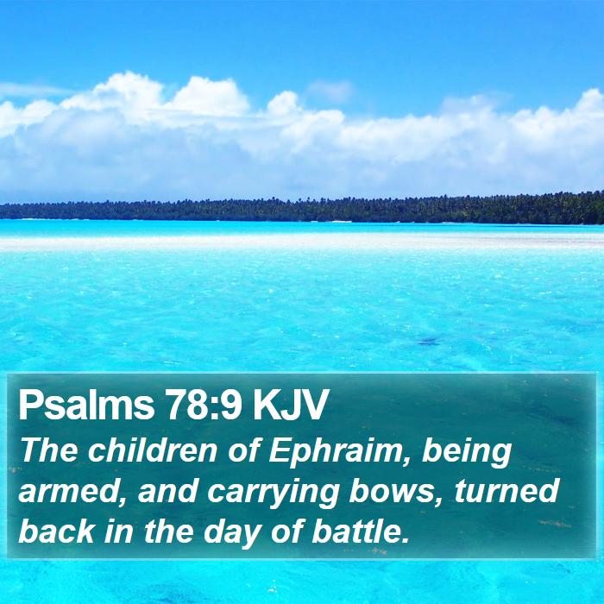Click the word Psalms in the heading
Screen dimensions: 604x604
point(86,406)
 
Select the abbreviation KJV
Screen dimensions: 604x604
point(290,406)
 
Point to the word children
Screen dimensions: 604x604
point(152,450)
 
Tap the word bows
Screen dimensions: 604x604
point(396,492)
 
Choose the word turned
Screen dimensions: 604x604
point(506,492)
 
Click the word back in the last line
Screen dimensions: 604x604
point(56,532)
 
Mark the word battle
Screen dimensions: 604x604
point(360,532)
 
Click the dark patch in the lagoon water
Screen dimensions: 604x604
point(429,342)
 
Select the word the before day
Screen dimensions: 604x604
point(169,532)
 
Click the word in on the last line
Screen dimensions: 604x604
point(119,532)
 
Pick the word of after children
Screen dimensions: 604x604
point(242,450)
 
